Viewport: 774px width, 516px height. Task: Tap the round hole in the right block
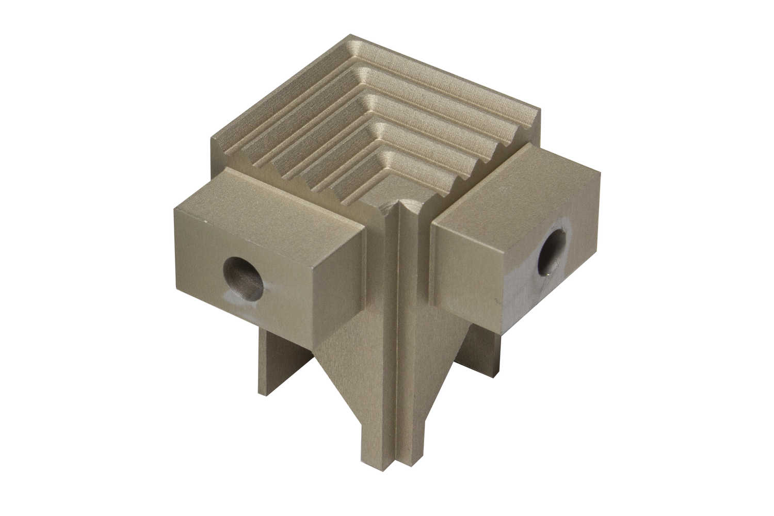pyautogui.click(x=553, y=251)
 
